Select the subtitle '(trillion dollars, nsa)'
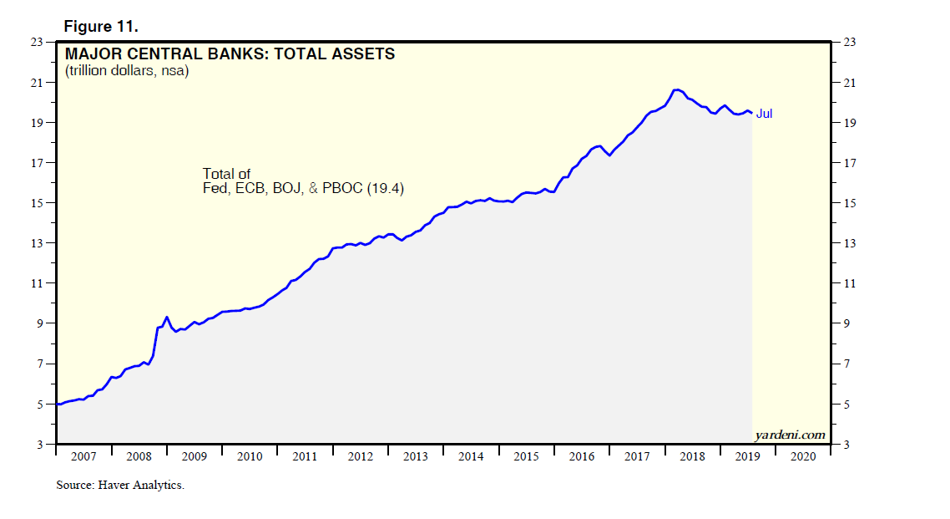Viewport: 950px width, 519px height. [128, 72]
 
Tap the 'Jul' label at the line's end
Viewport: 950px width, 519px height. [764, 114]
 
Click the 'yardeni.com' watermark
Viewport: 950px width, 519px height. [789, 435]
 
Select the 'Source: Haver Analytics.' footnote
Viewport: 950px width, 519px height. [120, 485]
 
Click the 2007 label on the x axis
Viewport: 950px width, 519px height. [83, 457]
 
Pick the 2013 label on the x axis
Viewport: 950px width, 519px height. [416, 457]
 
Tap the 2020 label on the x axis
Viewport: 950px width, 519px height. [803, 457]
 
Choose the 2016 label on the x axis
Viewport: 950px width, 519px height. [582, 457]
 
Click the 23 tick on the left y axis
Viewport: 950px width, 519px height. [38, 43]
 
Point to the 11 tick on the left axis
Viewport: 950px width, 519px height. [38, 283]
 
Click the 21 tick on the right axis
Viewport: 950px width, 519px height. [851, 83]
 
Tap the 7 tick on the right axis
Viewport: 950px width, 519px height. [848, 364]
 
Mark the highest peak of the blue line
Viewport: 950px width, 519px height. [677, 89]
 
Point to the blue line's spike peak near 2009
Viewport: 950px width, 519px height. [167, 317]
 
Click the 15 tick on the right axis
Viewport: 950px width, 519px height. [851, 203]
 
